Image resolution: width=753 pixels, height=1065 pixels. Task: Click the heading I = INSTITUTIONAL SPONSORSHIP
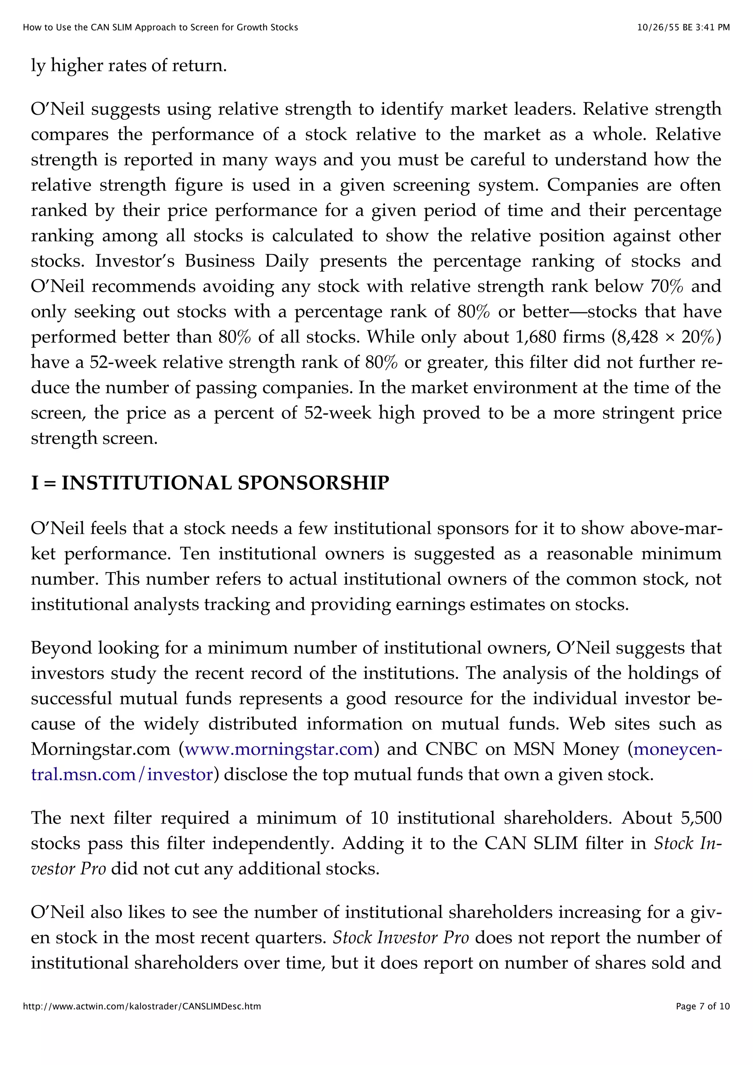coord(210,483)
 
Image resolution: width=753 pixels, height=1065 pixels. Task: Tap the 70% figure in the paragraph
coord(667,286)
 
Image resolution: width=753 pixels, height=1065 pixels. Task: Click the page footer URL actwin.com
coord(142,1006)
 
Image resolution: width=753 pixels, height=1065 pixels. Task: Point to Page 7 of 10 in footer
coord(702,1006)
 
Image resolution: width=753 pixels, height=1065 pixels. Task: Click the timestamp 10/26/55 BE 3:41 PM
coord(683,27)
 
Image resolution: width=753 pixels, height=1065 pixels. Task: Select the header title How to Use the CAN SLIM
coord(160,27)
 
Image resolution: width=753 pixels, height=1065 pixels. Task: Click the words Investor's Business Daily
coord(202,261)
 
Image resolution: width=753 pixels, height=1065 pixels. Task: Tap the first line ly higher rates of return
coord(129,65)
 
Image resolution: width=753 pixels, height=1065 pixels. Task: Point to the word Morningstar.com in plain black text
coord(101,749)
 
